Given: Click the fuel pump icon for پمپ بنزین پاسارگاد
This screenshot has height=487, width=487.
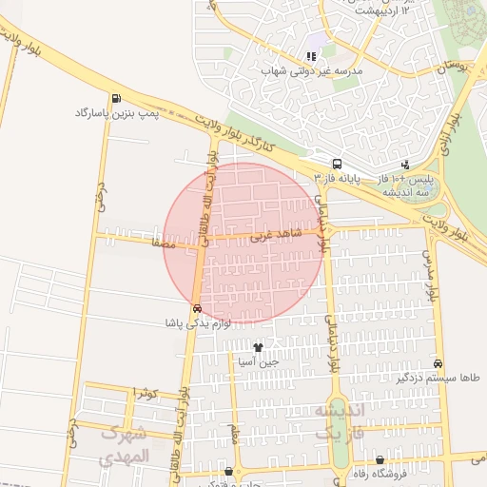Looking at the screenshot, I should click(x=116, y=98).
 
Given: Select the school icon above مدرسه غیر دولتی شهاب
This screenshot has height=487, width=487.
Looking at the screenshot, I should click(x=312, y=56).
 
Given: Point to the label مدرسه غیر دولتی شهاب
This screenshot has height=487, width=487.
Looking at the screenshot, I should click(x=314, y=70).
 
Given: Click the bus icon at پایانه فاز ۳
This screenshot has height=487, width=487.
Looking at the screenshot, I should click(x=338, y=164).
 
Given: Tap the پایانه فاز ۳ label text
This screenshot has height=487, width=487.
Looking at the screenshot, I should click(x=336, y=178).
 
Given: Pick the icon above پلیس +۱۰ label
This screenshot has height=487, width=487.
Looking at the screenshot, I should click(x=406, y=165).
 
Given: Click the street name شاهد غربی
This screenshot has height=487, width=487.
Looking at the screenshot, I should click(x=270, y=234).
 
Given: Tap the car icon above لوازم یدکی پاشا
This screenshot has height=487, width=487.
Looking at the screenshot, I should click(x=196, y=308).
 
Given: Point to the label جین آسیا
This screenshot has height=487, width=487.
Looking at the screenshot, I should click(x=258, y=361).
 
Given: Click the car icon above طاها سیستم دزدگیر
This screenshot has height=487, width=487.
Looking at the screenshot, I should click(x=438, y=363).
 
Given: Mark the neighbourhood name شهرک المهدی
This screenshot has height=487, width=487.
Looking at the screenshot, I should click(x=126, y=443).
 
